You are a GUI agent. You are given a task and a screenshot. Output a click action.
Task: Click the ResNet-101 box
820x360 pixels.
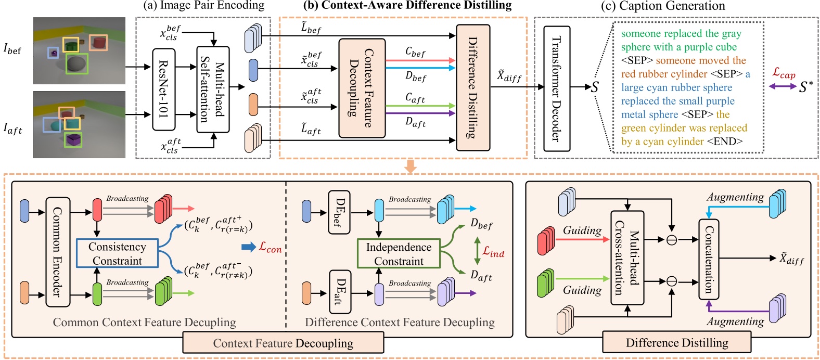coord(163,89)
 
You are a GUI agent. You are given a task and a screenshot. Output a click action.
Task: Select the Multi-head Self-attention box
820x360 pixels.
coord(213,89)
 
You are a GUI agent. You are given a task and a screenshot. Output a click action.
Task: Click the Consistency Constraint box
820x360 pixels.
coord(117,253)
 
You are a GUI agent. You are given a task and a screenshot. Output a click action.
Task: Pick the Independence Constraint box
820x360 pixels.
coord(399,253)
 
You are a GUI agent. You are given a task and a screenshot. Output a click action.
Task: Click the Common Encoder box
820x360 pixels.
coord(58,252)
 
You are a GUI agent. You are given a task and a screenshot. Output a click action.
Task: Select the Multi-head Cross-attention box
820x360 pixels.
coord(627,258)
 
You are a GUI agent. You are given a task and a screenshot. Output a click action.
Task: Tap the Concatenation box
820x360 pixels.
coord(708,259)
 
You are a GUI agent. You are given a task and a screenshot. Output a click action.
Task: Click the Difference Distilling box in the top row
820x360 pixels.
coord(473,87)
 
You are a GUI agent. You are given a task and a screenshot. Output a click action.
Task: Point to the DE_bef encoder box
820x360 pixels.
coord(339,212)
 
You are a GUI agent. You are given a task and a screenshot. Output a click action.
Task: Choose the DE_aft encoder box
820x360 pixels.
coord(339,291)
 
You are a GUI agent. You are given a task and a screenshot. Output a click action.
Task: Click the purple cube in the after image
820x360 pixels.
coord(73,139)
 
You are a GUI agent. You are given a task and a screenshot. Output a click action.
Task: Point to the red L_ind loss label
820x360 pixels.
coord(493,252)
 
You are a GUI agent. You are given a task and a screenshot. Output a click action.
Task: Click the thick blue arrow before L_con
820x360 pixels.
coord(249,247)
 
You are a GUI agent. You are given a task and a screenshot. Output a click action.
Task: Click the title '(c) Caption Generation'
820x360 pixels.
coord(663,6)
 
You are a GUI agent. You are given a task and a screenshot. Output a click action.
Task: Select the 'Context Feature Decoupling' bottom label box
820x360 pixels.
coord(283,343)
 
